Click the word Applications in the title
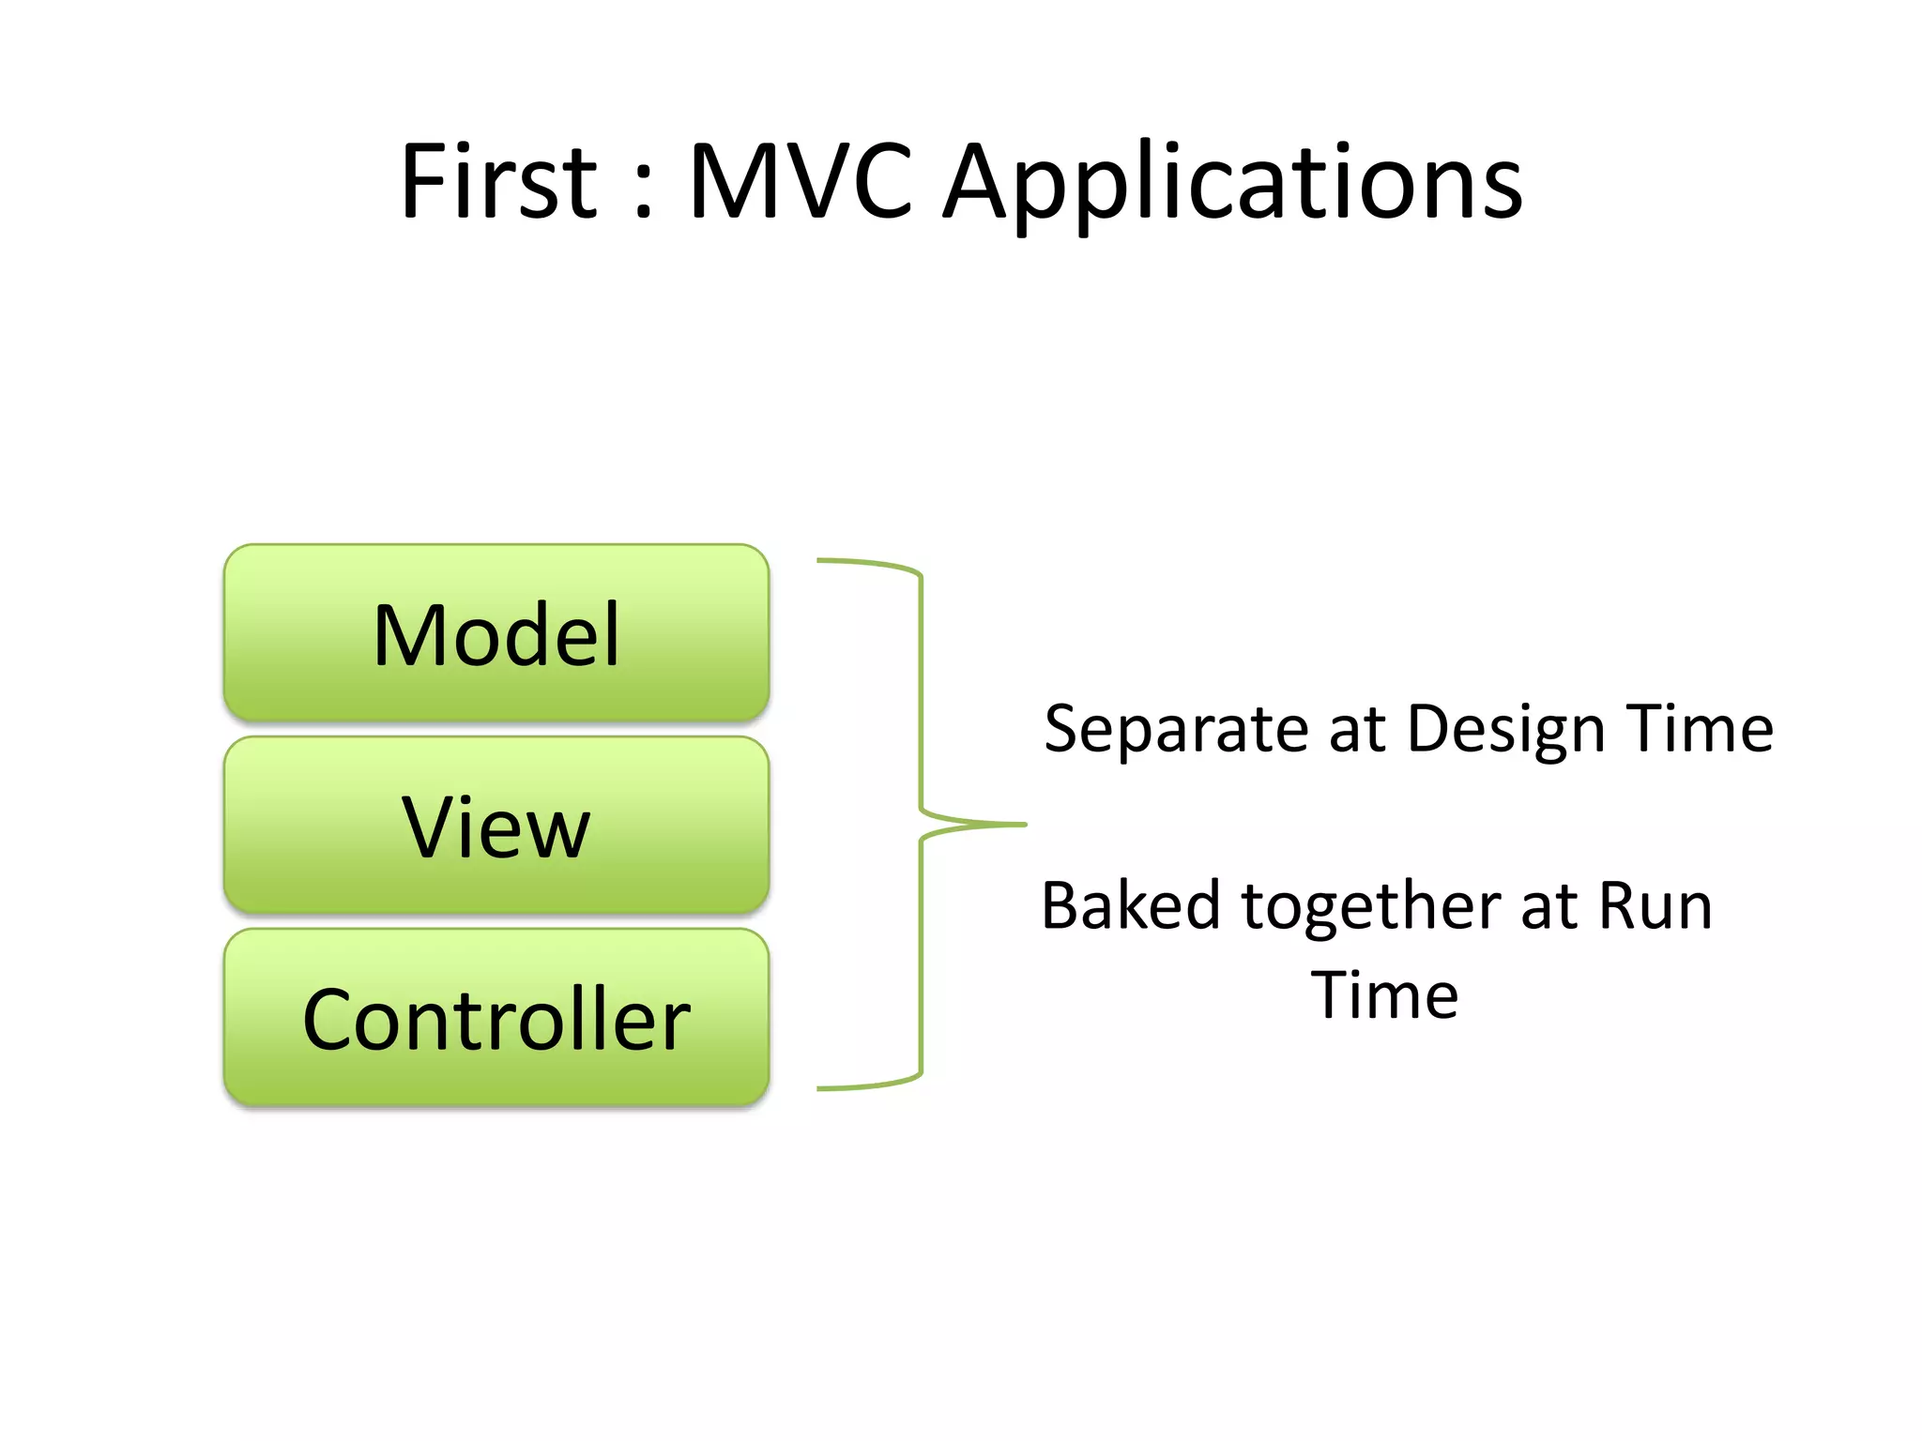click(x=1232, y=185)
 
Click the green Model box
click(x=496, y=634)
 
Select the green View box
click(x=496, y=827)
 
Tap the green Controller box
click(x=496, y=1019)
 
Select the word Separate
click(x=1177, y=730)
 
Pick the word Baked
click(x=1131, y=906)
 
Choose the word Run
click(x=1655, y=906)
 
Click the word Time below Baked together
click(x=1384, y=995)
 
